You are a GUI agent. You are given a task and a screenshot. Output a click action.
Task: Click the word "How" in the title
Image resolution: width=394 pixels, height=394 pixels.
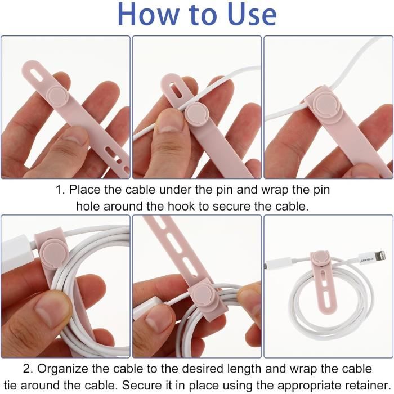(149, 14)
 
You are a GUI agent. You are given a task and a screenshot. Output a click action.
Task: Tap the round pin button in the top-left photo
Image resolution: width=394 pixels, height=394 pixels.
(58, 96)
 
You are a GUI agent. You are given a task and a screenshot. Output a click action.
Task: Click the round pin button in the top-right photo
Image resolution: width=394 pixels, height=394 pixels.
(326, 102)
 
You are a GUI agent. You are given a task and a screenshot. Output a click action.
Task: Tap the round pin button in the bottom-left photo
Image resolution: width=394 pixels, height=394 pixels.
(54, 251)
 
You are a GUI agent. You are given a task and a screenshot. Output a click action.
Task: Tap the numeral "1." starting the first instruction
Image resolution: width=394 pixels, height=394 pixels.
(60, 190)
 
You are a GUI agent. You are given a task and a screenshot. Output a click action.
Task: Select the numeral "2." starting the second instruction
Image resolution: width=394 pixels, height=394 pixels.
(28, 369)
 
